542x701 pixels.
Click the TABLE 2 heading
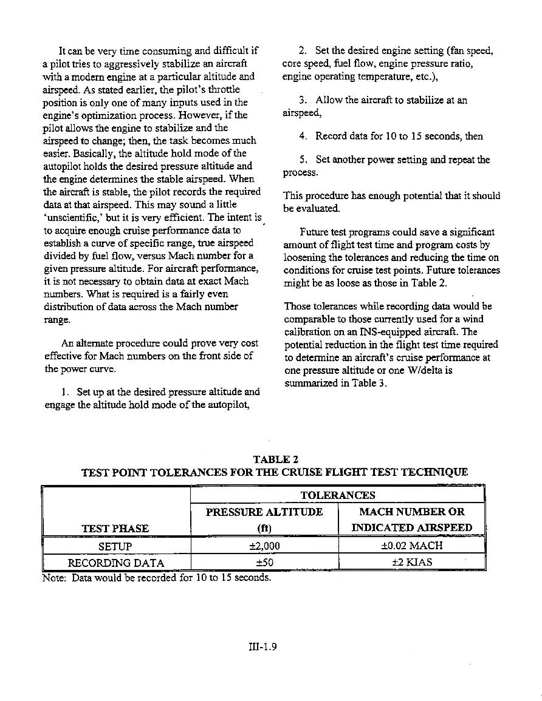coord(277,460)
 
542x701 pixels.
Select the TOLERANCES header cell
coord(338,495)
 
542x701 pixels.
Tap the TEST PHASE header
coord(115,528)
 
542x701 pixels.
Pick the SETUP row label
coord(115,546)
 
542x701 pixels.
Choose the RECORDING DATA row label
coord(115,563)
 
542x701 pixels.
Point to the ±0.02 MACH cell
coord(411,545)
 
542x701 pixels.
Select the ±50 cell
coord(264,563)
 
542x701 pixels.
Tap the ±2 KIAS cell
coord(411,562)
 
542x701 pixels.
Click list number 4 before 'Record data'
coord(302,136)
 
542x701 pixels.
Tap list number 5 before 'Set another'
coord(302,160)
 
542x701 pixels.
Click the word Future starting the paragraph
coord(315,232)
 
